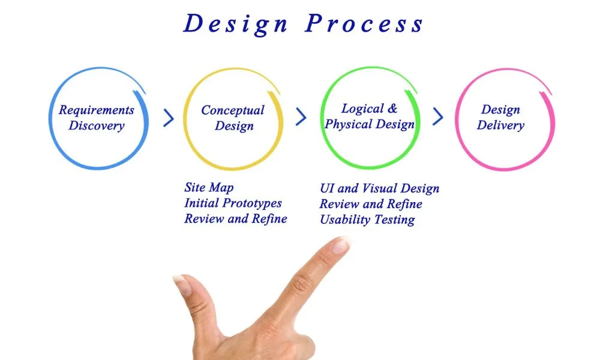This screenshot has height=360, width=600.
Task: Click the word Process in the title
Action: click(364, 24)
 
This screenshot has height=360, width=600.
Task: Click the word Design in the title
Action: click(235, 25)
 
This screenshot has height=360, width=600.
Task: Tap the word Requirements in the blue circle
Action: click(97, 110)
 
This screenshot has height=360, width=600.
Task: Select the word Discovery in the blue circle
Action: click(97, 125)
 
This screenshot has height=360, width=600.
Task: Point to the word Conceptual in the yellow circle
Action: click(233, 110)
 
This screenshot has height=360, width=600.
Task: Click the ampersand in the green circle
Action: click(392, 108)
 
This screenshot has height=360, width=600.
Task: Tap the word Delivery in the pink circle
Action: click(500, 125)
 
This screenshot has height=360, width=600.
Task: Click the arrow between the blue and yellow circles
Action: click(169, 118)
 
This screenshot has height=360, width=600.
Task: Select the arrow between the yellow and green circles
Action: click(301, 116)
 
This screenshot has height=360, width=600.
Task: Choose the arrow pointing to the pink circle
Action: click(438, 116)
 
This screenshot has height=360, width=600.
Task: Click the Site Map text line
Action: click(209, 187)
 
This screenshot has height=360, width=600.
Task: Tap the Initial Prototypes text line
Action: click(233, 203)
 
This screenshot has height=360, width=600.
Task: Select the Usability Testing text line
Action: click(367, 220)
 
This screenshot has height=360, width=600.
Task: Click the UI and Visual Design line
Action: click(380, 188)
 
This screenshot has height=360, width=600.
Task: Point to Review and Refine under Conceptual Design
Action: click(236, 219)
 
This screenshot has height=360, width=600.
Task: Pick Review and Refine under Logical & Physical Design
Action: click(371, 204)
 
